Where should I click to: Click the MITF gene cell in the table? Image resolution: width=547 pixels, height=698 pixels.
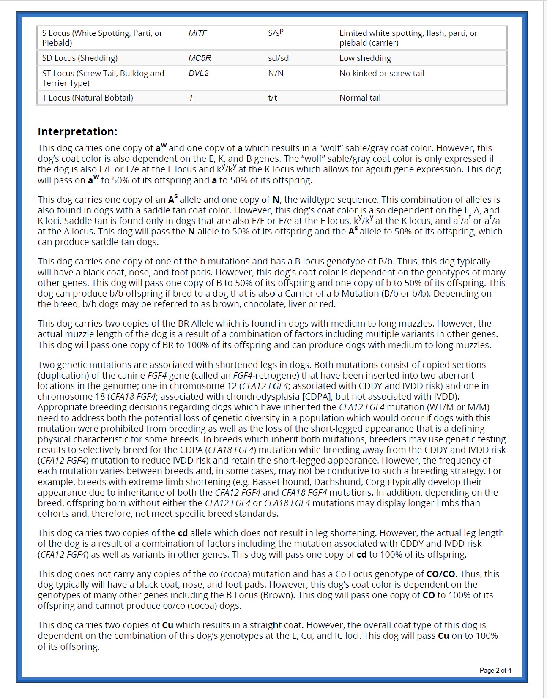(x=198, y=33)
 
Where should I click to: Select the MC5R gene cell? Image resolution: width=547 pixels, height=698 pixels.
(x=200, y=58)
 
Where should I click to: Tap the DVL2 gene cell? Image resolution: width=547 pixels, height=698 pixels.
(x=199, y=73)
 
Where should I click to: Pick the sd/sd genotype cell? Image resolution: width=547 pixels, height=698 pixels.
(x=278, y=58)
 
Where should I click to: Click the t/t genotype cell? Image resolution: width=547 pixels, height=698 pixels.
(x=273, y=98)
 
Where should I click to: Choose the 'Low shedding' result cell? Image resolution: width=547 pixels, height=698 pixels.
(x=365, y=58)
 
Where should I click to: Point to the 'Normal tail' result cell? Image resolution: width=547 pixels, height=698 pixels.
(x=360, y=98)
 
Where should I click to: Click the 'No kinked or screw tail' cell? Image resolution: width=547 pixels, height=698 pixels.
(x=381, y=73)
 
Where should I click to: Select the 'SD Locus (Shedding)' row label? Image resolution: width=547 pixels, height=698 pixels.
(x=80, y=58)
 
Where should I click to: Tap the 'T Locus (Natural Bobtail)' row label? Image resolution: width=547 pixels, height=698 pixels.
(x=88, y=98)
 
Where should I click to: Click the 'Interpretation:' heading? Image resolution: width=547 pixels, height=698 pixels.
(x=77, y=131)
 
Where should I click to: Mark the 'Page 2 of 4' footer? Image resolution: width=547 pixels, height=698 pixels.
(x=495, y=670)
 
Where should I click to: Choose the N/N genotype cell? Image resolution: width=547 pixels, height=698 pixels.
(x=276, y=73)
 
